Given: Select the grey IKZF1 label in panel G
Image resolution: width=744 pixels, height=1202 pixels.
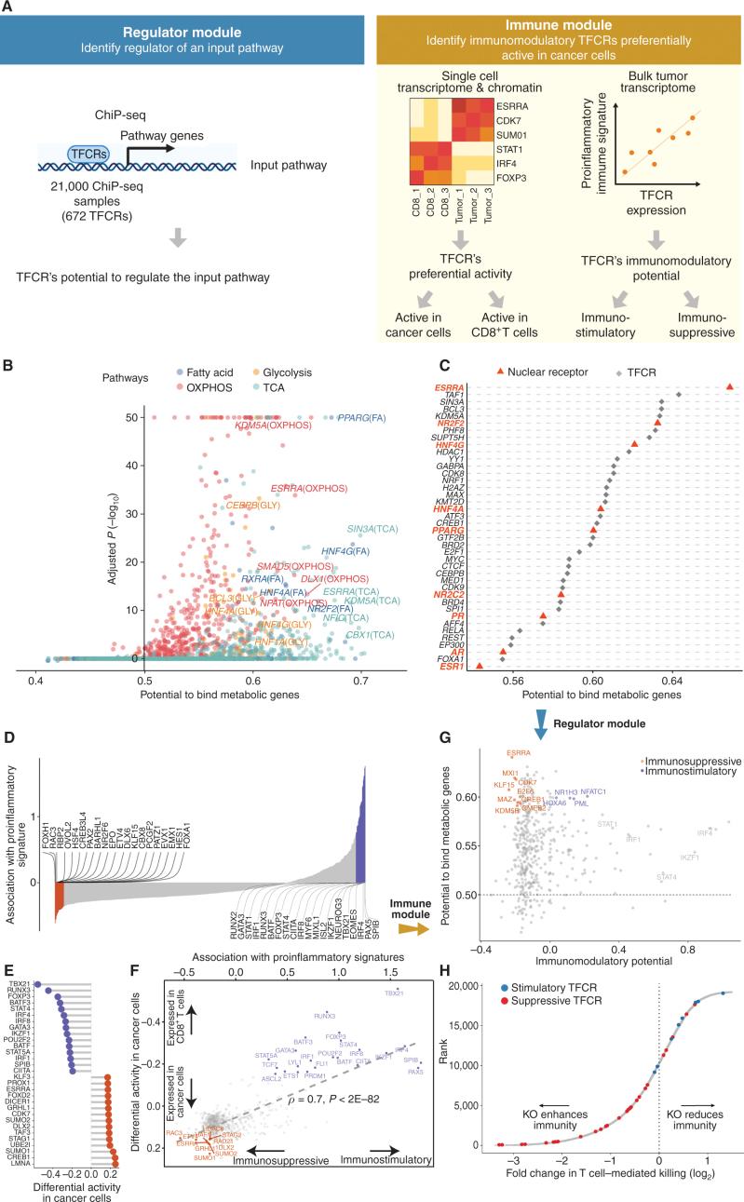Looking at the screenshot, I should coord(690,831).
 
